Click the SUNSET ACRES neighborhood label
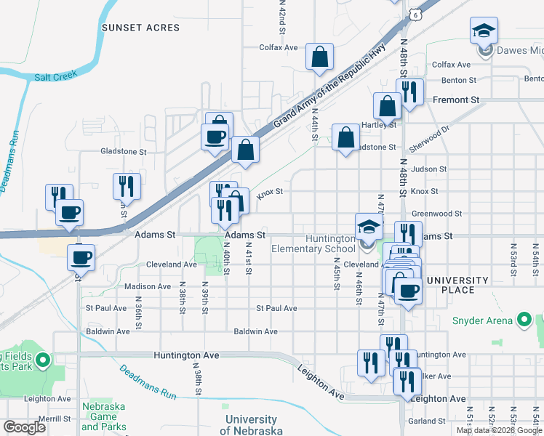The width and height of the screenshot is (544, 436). pos(140,28)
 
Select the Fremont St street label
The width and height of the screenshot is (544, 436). pos(456,99)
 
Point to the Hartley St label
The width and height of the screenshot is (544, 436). pos(382,124)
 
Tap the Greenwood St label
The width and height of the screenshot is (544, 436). pos(436,214)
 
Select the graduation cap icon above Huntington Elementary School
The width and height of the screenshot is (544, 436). pos(369,226)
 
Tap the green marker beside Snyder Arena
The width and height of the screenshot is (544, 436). pos(523,320)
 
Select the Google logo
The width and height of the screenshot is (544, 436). pos(24,427)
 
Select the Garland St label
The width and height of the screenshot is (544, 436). pos(426,421)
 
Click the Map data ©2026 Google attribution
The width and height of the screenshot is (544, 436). pos(497,430)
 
